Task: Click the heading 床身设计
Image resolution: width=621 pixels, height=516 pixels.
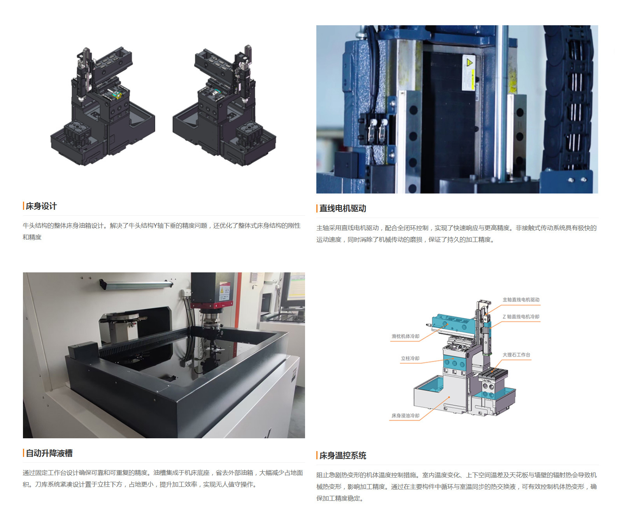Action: click(x=41, y=206)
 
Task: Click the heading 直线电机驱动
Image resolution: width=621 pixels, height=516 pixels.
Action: click(x=343, y=209)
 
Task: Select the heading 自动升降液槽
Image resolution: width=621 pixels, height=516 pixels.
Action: click(x=49, y=453)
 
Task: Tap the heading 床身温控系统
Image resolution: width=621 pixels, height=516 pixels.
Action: click(x=343, y=456)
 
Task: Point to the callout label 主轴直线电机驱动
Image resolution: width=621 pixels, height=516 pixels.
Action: click(x=521, y=300)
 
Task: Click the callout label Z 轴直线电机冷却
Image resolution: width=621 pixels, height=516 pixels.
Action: click(x=521, y=317)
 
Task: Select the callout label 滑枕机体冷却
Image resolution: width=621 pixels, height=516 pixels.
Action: click(x=405, y=336)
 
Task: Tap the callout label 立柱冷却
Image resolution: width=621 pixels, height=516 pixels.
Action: click(x=410, y=358)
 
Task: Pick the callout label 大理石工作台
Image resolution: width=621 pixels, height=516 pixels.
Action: click(x=516, y=355)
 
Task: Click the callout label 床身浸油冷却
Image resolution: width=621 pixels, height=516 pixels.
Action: click(x=405, y=416)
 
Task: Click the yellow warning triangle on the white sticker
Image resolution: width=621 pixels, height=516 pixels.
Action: click(x=469, y=63)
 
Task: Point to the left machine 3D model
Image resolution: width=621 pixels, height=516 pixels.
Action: click(x=103, y=106)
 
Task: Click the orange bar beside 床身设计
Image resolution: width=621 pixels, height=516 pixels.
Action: click(x=23, y=206)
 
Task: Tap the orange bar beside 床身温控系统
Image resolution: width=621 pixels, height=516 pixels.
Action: click(x=317, y=455)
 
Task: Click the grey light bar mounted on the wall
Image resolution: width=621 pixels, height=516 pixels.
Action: click(x=136, y=284)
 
